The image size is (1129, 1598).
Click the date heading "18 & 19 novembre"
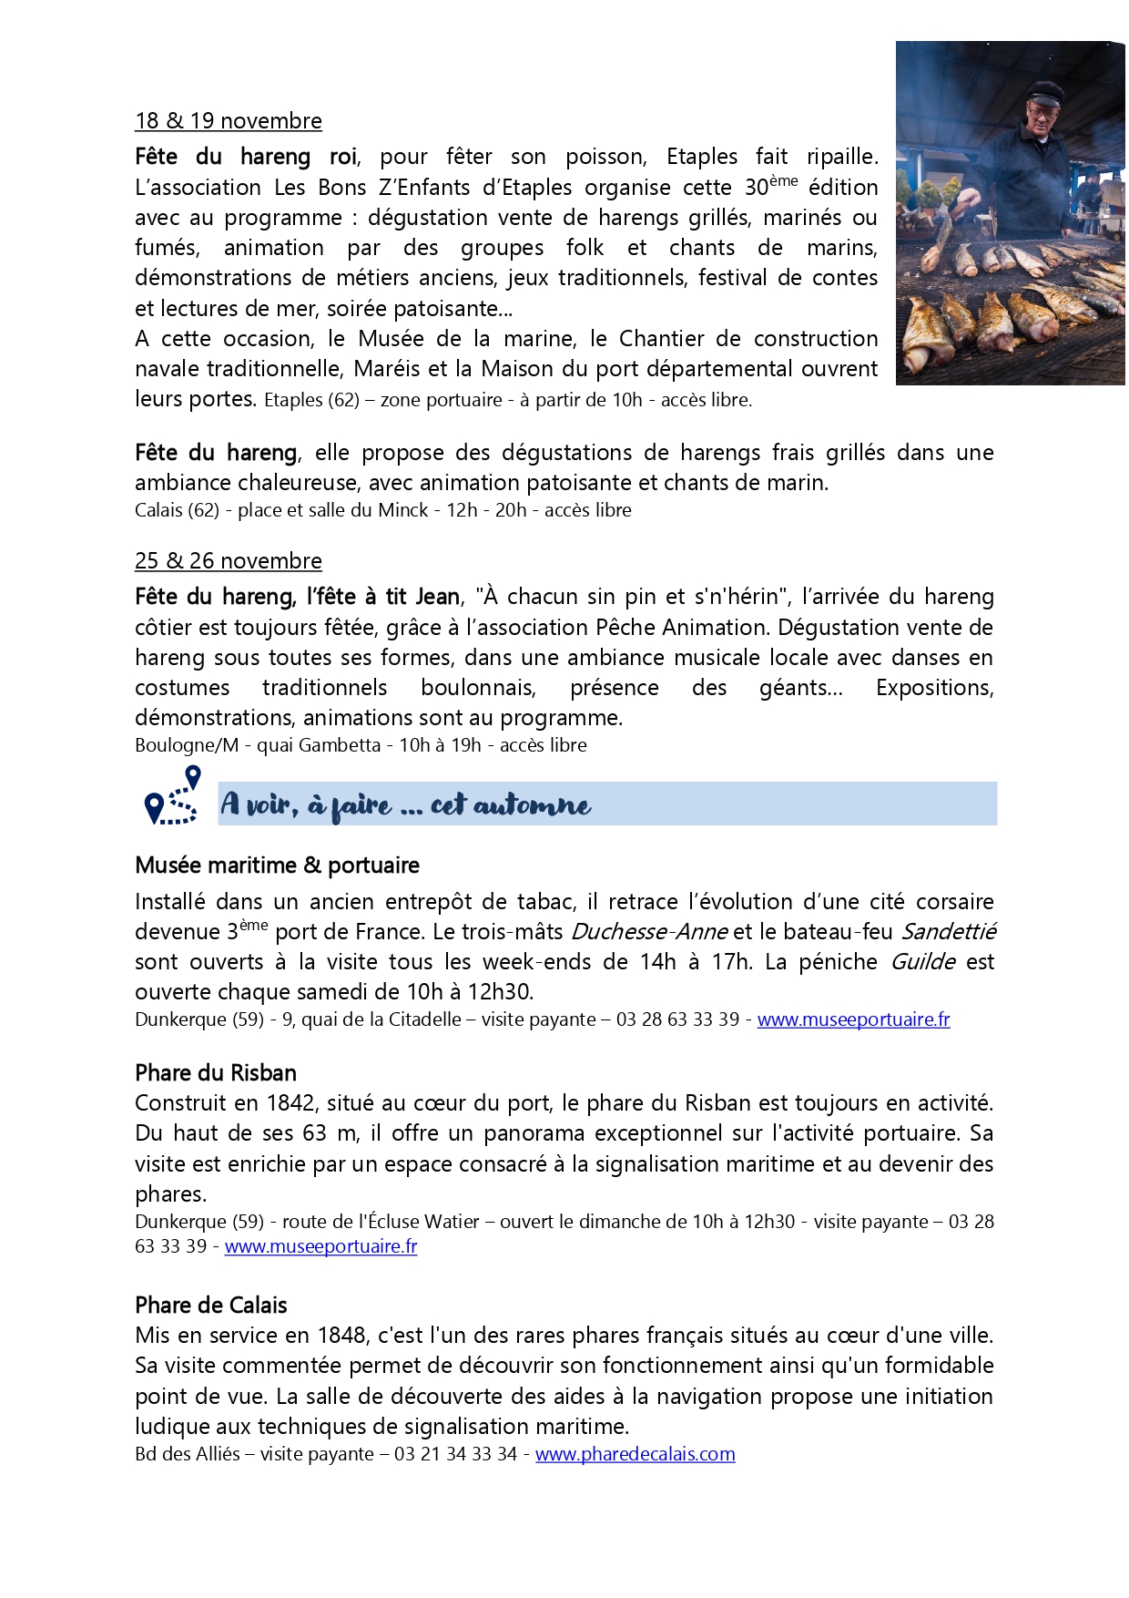(x=228, y=121)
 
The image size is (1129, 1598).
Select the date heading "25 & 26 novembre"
(x=228, y=561)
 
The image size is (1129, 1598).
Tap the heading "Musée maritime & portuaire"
(x=277, y=865)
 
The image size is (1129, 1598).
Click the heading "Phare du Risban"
(x=216, y=1072)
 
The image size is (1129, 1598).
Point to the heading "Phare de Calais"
(x=210, y=1305)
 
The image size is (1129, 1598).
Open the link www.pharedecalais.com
(x=635, y=1454)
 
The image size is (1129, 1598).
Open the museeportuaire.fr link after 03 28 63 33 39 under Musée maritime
(x=853, y=1019)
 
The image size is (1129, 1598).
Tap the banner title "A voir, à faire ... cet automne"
(x=406, y=804)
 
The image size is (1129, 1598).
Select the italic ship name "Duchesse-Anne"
(x=648, y=932)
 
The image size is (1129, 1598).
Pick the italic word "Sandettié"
(x=949, y=932)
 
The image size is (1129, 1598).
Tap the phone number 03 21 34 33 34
(x=455, y=1454)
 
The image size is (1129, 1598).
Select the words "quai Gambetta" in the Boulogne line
(x=319, y=745)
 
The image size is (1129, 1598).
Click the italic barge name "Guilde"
(x=922, y=962)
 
